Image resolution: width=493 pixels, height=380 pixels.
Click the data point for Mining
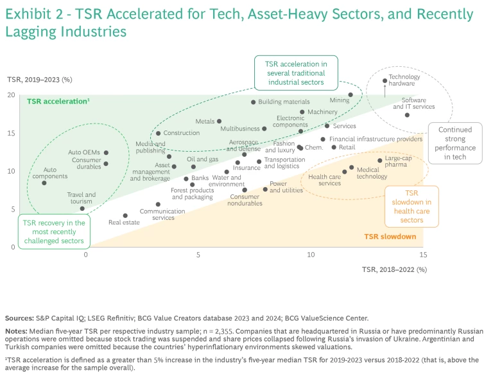point(350,95)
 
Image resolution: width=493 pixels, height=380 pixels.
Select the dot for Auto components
point(44,183)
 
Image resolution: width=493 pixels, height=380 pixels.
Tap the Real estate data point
point(125,216)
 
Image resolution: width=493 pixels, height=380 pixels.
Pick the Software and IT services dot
point(407,115)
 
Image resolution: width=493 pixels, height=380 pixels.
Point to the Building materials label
point(284,102)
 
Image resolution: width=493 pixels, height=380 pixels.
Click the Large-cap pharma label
point(398,161)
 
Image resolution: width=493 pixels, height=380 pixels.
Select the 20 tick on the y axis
point(12,95)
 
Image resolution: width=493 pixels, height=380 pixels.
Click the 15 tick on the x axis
point(422,255)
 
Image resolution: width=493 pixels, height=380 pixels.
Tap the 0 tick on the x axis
point(85,255)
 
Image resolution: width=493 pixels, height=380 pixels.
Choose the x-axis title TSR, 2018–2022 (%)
point(394,269)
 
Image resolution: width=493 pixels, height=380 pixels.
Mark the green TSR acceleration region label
point(58,102)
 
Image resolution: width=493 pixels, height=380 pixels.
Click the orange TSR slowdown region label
point(390,237)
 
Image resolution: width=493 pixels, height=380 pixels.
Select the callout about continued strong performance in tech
point(455,143)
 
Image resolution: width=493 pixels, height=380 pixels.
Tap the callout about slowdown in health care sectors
point(411,206)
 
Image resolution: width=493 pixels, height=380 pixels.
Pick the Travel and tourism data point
point(82,208)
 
